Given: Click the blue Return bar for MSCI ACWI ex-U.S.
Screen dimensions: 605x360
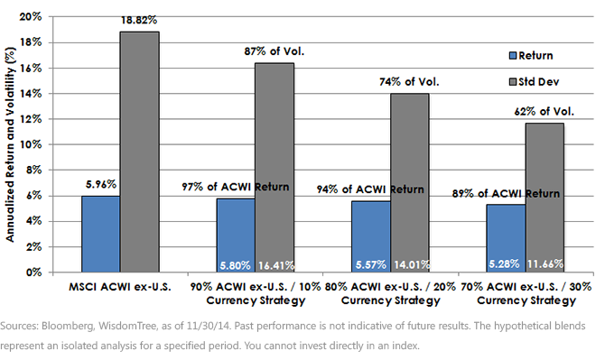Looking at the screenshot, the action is click(101, 234).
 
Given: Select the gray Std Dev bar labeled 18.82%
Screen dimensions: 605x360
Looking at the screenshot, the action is click(140, 152).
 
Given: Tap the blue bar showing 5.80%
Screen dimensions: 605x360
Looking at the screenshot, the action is click(236, 235).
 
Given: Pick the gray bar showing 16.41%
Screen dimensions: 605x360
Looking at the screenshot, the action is click(275, 168).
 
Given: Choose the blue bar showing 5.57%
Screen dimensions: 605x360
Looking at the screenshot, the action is click(371, 236).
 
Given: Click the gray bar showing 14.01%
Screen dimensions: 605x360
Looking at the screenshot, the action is click(409, 182).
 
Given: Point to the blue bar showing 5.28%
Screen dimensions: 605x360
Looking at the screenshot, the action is click(506, 238).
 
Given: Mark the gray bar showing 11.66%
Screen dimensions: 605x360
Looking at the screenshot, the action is click(544, 198).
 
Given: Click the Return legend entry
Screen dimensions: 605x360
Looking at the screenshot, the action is click(531, 56).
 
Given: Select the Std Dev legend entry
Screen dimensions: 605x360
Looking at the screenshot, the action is click(534, 82).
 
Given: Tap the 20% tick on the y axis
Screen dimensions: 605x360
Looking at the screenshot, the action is click(31, 16).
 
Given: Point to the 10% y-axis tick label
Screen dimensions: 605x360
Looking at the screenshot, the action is click(31, 144).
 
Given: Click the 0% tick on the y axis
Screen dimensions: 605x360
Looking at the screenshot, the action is click(33, 272).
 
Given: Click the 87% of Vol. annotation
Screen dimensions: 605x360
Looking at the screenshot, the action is click(274, 51).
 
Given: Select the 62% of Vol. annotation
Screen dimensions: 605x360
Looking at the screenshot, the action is click(544, 111).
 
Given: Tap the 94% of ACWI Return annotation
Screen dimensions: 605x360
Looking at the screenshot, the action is click(370, 189).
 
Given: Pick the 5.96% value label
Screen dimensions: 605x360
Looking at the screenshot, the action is click(101, 184).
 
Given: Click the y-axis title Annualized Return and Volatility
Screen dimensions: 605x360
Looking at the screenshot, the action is click(10, 144).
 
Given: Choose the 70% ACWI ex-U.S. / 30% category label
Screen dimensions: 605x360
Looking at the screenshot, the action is click(526, 287).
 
